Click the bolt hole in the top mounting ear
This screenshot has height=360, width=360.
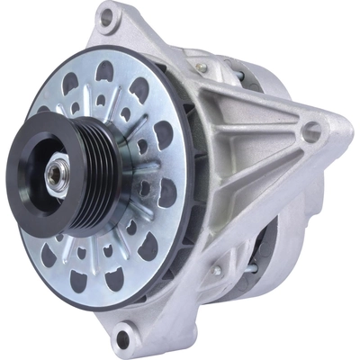click(x=107, y=15)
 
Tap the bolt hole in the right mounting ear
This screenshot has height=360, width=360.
click(x=311, y=132)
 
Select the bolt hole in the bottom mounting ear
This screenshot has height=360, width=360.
click(x=122, y=338)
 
